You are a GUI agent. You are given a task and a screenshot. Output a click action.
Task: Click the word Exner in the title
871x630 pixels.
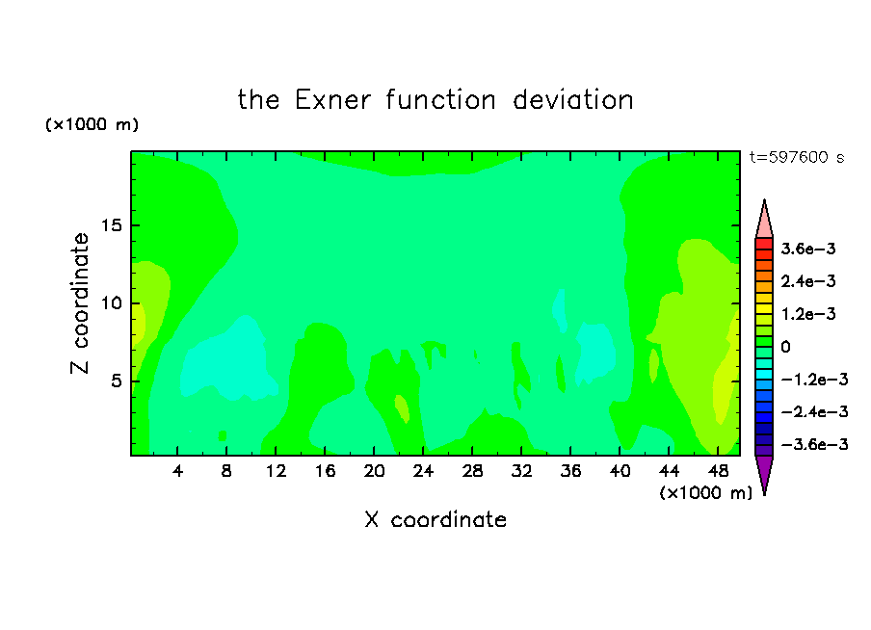tap(332, 100)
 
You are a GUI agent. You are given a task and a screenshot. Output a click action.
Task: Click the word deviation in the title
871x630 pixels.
tap(572, 100)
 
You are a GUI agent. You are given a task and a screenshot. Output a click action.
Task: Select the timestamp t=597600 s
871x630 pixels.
tap(797, 157)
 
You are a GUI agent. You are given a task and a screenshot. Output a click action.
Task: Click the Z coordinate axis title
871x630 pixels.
tap(80, 303)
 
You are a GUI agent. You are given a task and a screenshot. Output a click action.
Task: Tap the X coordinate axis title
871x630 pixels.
tap(435, 519)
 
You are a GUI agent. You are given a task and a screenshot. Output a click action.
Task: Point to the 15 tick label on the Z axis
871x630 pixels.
tap(111, 225)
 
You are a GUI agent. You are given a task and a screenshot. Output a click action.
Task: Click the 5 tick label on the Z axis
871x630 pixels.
tap(116, 381)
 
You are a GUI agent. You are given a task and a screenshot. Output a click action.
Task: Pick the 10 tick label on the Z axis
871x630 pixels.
tap(111, 303)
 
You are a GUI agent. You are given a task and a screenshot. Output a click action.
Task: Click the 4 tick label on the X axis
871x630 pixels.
tap(177, 471)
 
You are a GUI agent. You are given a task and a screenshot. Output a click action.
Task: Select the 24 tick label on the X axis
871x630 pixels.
tap(423, 471)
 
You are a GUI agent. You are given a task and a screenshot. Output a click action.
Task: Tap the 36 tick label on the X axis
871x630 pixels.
tap(570, 471)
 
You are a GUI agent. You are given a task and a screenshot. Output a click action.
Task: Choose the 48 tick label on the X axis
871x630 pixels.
tap(718, 471)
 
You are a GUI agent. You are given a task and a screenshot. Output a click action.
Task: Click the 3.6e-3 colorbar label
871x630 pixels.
tap(808, 249)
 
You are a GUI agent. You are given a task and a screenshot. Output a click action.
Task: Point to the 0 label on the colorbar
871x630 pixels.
tap(785, 347)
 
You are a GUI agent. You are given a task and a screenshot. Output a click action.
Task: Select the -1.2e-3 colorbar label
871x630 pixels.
tap(814, 380)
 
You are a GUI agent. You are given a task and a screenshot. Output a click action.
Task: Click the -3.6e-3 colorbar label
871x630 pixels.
tap(814, 444)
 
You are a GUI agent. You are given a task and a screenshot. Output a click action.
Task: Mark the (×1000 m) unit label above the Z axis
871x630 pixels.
tap(92, 124)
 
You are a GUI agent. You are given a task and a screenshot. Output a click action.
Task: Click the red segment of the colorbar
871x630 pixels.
tap(764, 244)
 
